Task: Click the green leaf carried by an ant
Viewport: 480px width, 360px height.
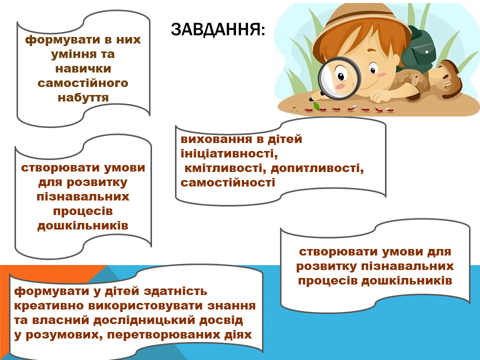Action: (316, 106)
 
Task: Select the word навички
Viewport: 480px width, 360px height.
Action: (83, 68)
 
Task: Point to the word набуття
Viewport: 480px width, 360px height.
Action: (83, 96)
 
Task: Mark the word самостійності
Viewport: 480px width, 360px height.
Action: (228, 182)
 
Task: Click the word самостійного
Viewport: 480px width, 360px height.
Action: (83, 82)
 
